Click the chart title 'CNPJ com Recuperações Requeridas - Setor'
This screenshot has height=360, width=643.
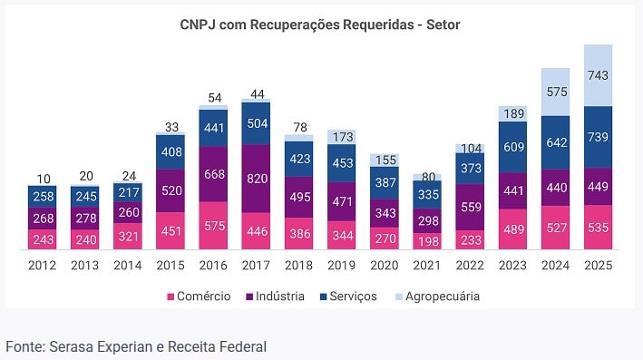pyautogui.click(x=320, y=24)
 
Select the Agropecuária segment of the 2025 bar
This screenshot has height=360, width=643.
pyautogui.click(x=598, y=74)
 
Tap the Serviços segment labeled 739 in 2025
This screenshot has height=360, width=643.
pyautogui.click(x=598, y=136)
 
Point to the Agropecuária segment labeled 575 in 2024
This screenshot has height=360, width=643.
pyautogui.click(x=555, y=92)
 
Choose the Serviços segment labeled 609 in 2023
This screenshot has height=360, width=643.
pyautogui.click(x=513, y=146)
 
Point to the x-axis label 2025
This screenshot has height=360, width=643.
pyautogui.click(x=598, y=266)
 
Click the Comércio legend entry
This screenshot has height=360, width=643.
pyautogui.click(x=199, y=297)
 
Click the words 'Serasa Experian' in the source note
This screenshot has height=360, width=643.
pyautogui.click(x=97, y=345)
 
